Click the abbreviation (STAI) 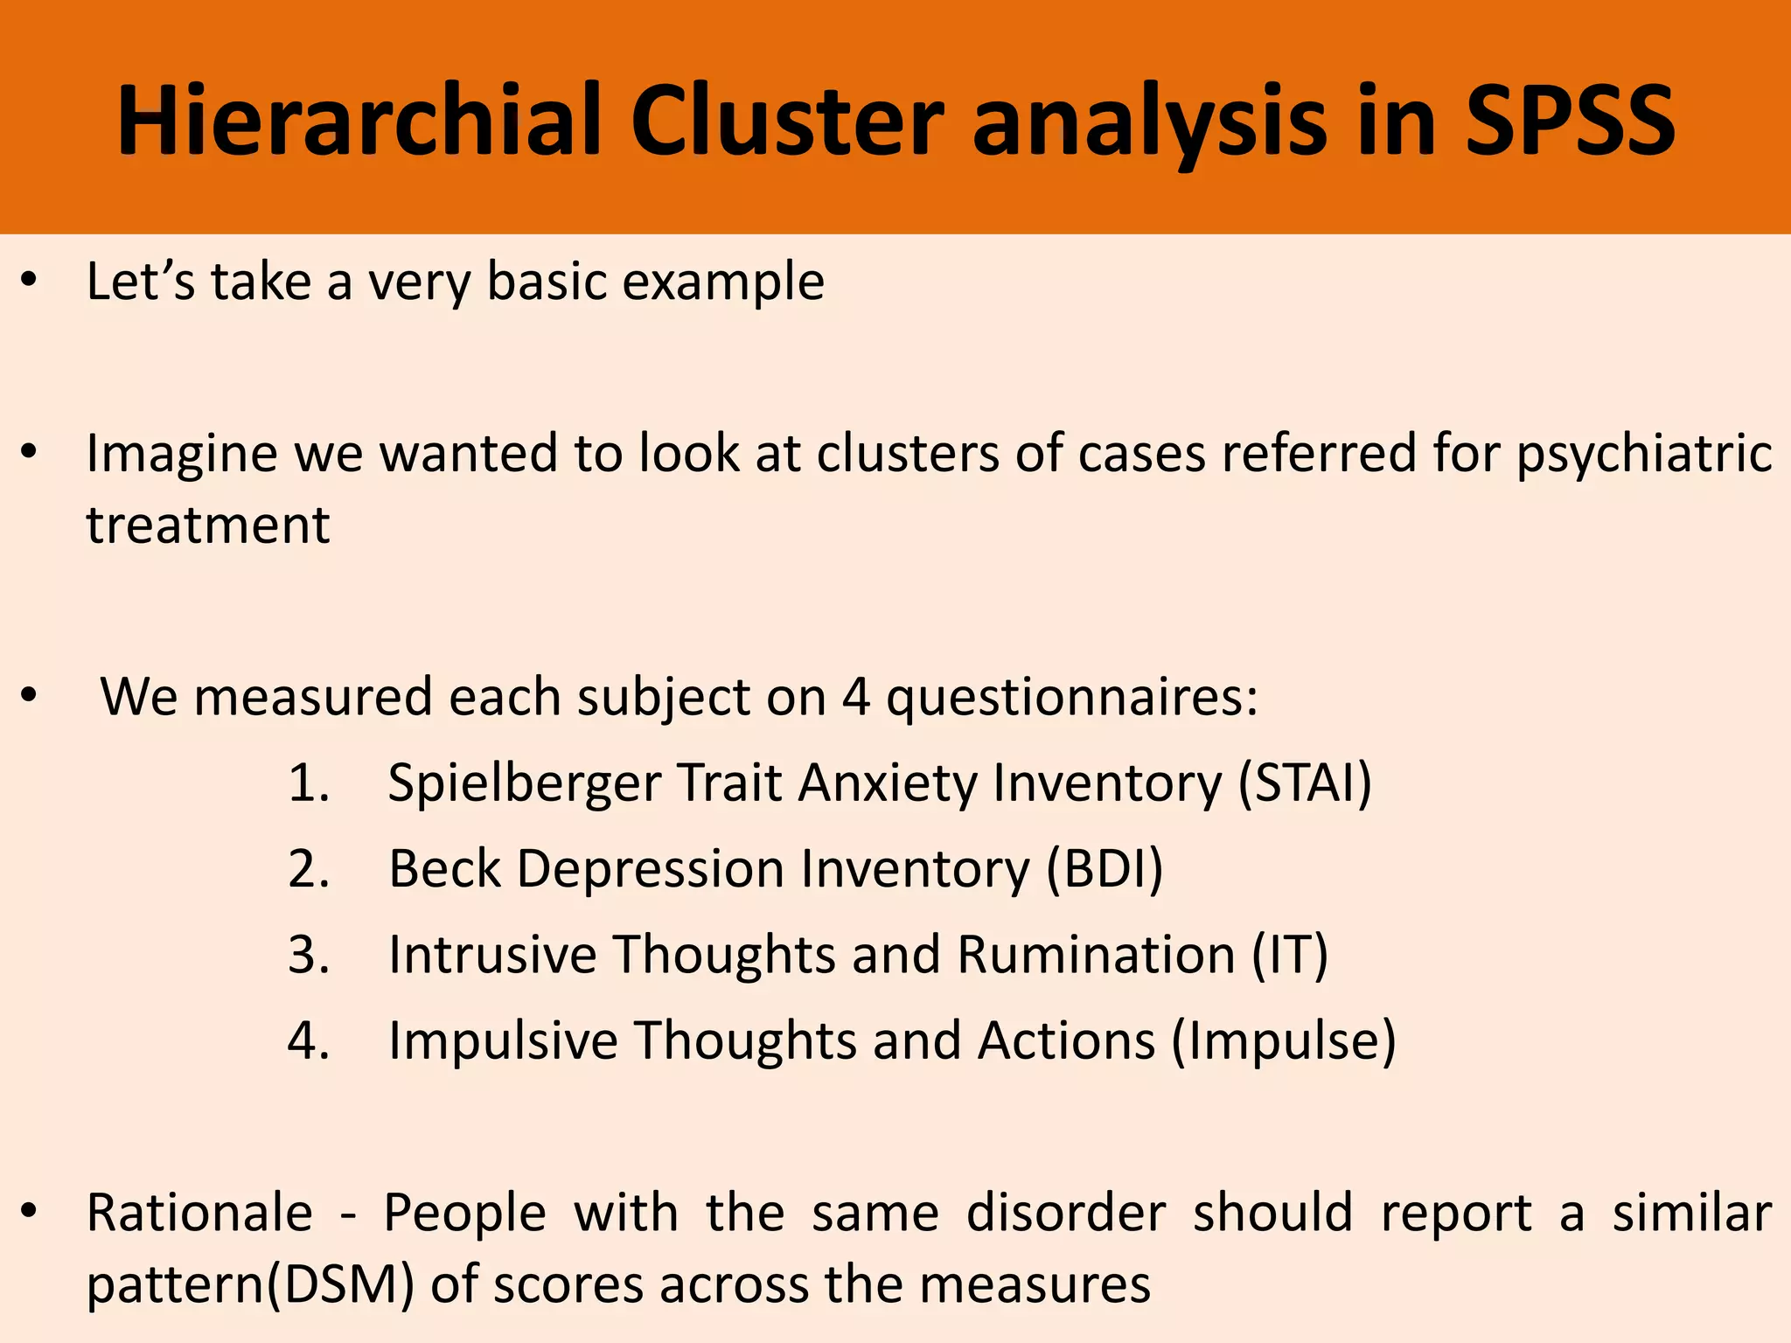[x=1305, y=783]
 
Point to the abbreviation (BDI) [x=1105, y=869]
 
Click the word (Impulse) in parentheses [x=1283, y=1040]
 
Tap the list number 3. [x=308, y=954]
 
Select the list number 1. [x=308, y=783]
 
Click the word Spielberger [x=525, y=783]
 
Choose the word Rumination [x=1096, y=954]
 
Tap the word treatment [x=208, y=525]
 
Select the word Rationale [x=199, y=1214]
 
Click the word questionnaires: [x=1072, y=698]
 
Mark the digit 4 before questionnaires [x=856, y=698]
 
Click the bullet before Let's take [x=30, y=281]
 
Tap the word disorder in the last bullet [x=1066, y=1214]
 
